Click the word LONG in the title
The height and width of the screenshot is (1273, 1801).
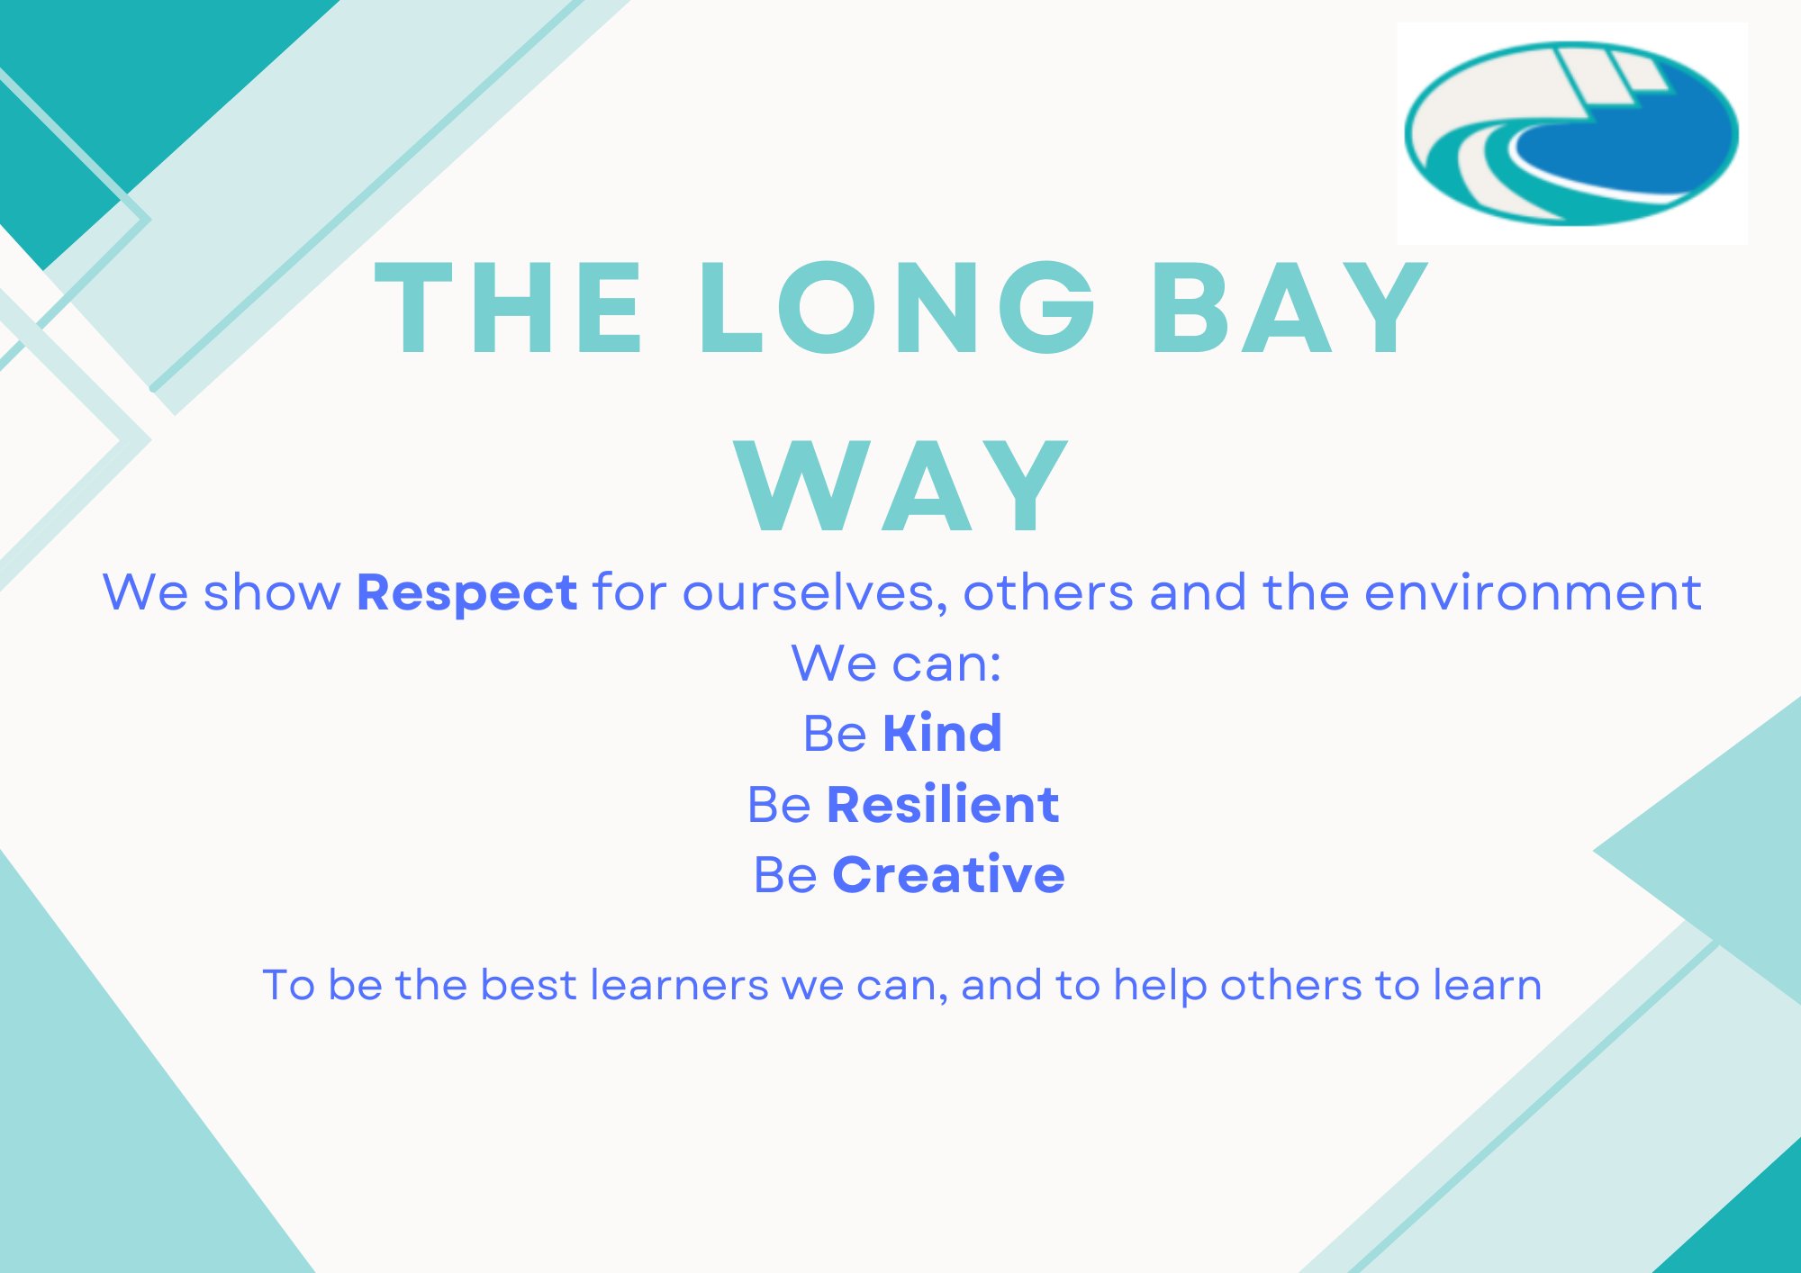point(897,308)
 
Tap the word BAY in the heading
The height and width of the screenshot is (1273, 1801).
point(1289,308)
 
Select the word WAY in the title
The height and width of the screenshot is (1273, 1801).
point(901,485)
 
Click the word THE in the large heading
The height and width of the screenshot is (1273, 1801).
point(509,308)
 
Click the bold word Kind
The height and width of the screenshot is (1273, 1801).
point(942,733)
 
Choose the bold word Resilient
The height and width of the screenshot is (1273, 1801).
point(943,803)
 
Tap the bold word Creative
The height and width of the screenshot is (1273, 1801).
point(948,874)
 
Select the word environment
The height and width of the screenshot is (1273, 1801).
point(1533,593)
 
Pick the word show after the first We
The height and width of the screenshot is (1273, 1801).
point(272,593)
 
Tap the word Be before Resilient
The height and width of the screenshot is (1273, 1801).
point(779,804)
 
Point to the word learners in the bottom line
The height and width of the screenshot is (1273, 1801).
point(679,985)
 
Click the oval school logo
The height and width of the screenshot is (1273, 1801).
point(1571,133)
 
